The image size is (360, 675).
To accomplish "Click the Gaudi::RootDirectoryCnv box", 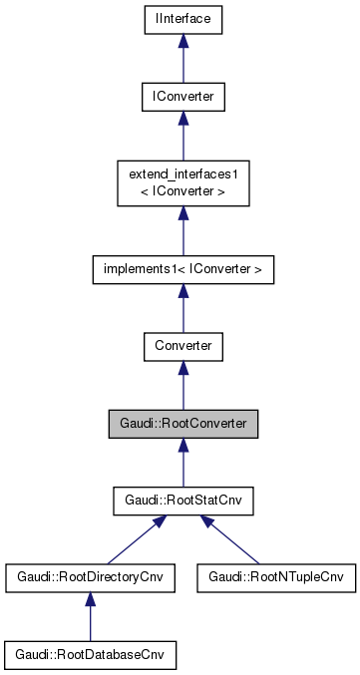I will click(90, 577).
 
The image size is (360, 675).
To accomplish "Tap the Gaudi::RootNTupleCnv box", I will click(276, 577).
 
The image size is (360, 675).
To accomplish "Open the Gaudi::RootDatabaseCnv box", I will click(90, 655).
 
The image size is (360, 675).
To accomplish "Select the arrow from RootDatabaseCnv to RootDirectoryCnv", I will click(90, 617).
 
